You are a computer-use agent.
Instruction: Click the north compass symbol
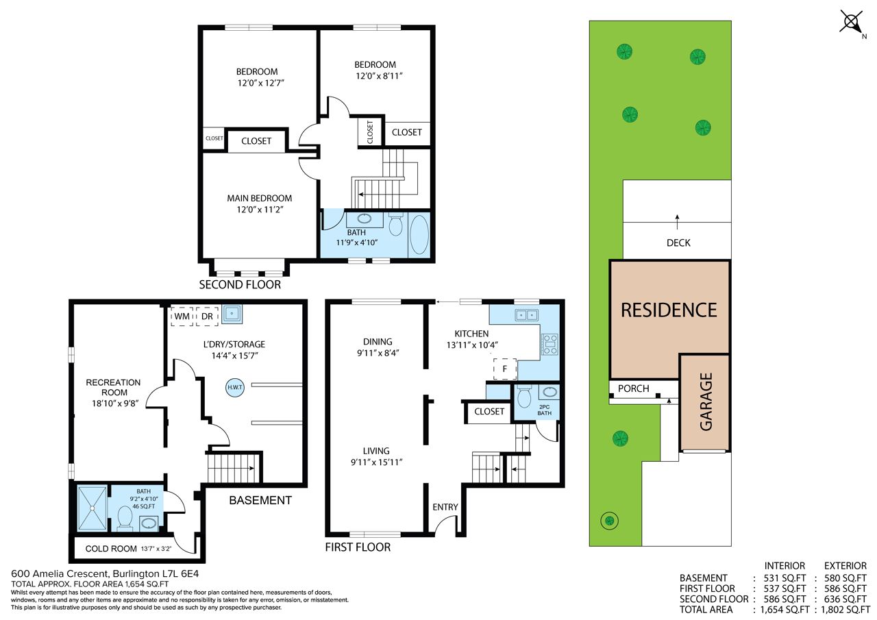(x=852, y=23)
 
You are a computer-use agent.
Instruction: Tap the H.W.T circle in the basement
(x=235, y=387)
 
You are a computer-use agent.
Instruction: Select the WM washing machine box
(x=182, y=317)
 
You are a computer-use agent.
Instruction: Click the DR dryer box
(x=207, y=317)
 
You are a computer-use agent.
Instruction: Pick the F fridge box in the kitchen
(x=505, y=369)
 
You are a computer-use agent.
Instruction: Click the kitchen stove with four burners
(x=549, y=345)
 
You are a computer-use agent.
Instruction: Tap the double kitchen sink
(x=527, y=314)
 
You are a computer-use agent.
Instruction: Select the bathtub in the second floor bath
(x=419, y=235)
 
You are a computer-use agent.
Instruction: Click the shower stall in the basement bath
(x=92, y=508)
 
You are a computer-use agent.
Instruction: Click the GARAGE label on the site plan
(x=706, y=402)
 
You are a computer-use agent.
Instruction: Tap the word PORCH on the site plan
(x=634, y=388)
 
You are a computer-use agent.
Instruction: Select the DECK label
(x=678, y=243)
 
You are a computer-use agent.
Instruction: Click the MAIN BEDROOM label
(x=260, y=199)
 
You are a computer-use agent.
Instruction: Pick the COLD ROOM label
(x=111, y=549)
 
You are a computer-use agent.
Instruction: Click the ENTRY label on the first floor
(x=445, y=507)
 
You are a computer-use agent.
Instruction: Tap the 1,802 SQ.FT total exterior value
(x=845, y=610)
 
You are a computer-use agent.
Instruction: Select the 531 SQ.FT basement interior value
(x=785, y=578)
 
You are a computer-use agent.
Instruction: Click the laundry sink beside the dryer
(x=232, y=314)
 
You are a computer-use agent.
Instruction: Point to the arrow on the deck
(x=678, y=222)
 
